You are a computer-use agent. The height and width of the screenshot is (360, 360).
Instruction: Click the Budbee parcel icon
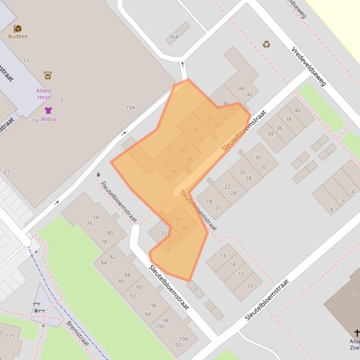click(18, 29)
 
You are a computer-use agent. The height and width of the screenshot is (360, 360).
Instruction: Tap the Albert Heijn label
click(44, 94)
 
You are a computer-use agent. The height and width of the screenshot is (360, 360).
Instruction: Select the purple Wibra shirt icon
click(48, 110)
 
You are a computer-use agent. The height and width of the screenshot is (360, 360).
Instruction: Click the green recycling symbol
click(266, 44)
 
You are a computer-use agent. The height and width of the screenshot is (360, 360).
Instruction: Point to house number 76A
click(174, 37)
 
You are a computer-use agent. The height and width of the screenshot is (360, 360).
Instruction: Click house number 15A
click(130, 108)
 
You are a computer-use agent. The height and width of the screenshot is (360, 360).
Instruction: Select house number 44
click(241, 88)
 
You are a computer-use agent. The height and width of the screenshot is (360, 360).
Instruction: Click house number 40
click(297, 110)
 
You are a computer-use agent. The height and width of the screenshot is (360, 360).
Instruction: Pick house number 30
click(257, 158)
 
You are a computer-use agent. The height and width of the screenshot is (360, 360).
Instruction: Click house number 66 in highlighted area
click(179, 219)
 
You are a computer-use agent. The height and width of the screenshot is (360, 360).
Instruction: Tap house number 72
click(164, 233)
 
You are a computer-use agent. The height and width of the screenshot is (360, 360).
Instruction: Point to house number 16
click(223, 256)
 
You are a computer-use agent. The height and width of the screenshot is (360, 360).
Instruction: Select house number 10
click(250, 286)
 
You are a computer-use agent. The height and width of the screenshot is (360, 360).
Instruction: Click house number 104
click(183, 339)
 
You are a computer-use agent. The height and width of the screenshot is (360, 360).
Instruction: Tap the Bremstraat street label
click(77, 333)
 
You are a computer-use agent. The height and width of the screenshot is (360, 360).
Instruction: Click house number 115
click(10, 336)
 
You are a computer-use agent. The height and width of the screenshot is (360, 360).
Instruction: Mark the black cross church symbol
click(357, 333)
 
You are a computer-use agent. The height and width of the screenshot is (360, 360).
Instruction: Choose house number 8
click(331, 210)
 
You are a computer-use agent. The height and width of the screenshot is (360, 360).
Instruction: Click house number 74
click(96, 217)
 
